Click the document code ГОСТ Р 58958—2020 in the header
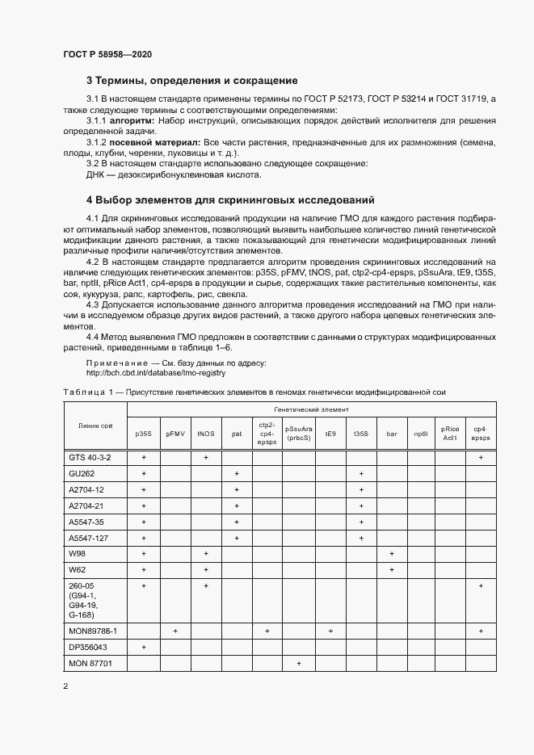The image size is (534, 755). pyautogui.click(x=107, y=54)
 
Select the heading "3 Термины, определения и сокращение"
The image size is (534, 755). pyautogui.click(x=192, y=81)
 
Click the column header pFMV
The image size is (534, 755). pyautogui.click(x=175, y=434)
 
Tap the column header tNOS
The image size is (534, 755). pyautogui.click(x=206, y=434)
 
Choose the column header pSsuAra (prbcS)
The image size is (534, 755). pyautogui.click(x=299, y=434)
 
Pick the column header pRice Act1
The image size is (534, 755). pyautogui.click(x=450, y=434)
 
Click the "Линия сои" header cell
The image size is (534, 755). pyautogui.click(x=96, y=426)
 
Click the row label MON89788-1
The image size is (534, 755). pyautogui.click(x=94, y=629)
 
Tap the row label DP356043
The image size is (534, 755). pyautogui.click(x=89, y=647)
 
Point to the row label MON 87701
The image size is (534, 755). pyautogui.click(x=90, y=664)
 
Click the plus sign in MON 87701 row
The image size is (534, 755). pyautogui.click(x=299, y=664)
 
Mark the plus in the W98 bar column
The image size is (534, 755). pyautogui.click(x=392, y=553)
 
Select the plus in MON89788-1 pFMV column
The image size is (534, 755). pyautogui.click(x=175, y=629)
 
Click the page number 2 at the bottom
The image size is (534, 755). pyautogui.click(x=65, y=687)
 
